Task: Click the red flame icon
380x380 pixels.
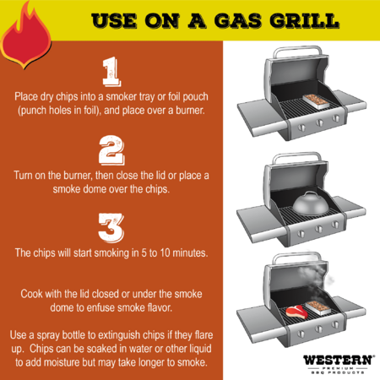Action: pos(26,40)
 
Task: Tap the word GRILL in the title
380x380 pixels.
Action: pos(304,20)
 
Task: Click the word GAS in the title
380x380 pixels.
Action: pos(238,20)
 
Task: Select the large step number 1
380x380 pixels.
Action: pos(111,72)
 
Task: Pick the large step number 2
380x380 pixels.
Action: pos(111,150)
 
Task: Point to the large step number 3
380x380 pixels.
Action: pos(111,228)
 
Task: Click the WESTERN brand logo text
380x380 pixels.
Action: pos(339,361)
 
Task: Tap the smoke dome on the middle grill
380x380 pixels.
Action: pos(310,204)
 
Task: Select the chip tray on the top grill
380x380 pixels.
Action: pos(316,101)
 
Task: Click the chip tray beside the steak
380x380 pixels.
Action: pos(318,308)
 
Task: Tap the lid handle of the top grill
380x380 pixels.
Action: pos(297,52)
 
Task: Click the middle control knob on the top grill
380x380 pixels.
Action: pos(319,123)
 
